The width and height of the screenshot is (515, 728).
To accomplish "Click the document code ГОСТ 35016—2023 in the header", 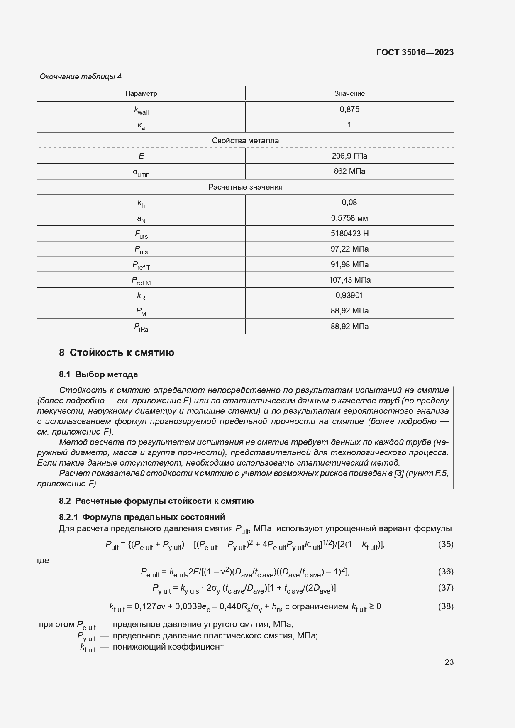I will coord(415,52).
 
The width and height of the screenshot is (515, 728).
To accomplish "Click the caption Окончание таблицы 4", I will coord(81,77).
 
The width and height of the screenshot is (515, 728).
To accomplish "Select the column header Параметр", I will coord(141,93).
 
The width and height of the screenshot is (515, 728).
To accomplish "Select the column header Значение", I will coord(349,93).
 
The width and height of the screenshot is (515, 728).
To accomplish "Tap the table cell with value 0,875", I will coord(349,110).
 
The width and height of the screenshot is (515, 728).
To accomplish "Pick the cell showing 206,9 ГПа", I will coord(349,156).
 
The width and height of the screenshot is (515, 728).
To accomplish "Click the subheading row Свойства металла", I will coord(245,141).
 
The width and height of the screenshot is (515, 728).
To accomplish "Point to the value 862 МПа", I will coord(349,171).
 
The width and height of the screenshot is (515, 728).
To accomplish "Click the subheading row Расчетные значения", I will coord(245,187).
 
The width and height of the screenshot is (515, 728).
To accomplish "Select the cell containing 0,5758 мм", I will coord(349,218).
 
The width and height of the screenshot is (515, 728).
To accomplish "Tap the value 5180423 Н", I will coord(349,234).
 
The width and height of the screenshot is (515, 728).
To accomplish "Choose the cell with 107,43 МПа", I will coord(349,280).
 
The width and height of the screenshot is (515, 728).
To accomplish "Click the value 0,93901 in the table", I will coord(349,296).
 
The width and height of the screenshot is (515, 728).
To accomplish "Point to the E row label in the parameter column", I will coord(141,156).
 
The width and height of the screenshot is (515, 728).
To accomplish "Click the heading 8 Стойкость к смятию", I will coord(117,353).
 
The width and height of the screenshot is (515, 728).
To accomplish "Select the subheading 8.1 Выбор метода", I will coord(98,374).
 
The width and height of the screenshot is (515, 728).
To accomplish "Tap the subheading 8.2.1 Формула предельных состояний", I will coord(142,517).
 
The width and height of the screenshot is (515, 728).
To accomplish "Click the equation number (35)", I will coord(446,544).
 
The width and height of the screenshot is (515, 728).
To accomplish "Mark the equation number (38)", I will coord(446,607).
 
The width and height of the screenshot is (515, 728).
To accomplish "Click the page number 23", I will coord(449,662).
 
